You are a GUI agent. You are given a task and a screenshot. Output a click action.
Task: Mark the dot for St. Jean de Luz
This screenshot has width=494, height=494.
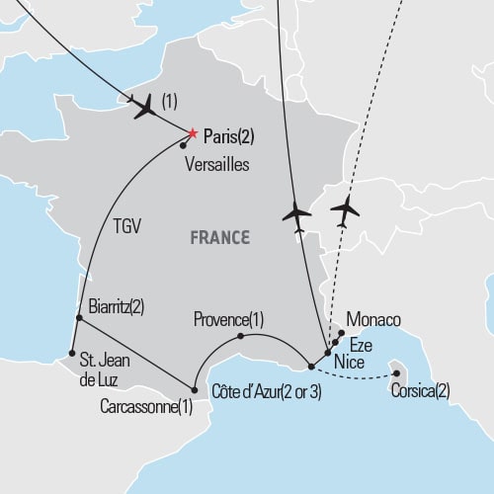click(72, 353)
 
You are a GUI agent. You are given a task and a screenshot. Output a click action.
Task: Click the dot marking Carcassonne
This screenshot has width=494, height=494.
click(193, 387)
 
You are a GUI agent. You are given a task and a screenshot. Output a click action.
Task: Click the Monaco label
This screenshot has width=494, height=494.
click(374, 321)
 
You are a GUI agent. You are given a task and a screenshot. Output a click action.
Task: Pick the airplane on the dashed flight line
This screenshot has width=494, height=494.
click(347, 210)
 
